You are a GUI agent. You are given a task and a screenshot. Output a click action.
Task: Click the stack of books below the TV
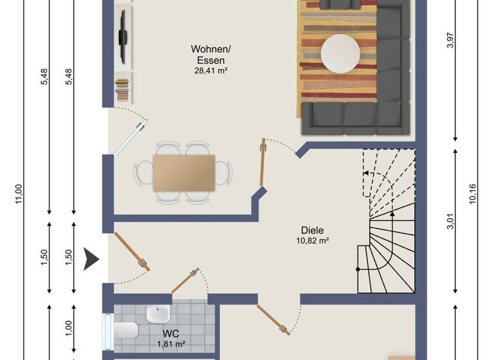pos(121,89)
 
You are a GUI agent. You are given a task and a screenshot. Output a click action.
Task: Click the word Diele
pos(312,230)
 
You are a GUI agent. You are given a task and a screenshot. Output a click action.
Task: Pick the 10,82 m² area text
pos(312,241)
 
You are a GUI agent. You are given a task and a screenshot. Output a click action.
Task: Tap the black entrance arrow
pos(92,259)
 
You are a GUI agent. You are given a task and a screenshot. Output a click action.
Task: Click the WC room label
pos(170,334)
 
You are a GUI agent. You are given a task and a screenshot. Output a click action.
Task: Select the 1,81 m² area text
pos(170,344)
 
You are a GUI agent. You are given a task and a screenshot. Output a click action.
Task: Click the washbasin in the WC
pos(157,314)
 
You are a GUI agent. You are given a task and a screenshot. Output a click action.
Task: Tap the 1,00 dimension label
pos(69,327)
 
